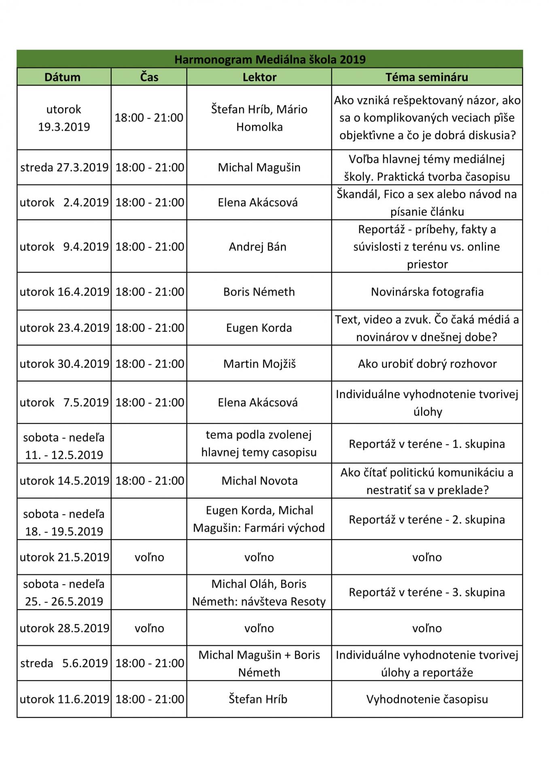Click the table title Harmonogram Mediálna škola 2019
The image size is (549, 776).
(x=270, y=59)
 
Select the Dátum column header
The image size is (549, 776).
(x=63, y=77)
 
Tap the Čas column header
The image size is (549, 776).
(x=149, y=77)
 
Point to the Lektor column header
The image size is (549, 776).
(x=259, y=77)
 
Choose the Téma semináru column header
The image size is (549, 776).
(x=427, y=77)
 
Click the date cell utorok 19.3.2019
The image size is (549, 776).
(x=64, y=118)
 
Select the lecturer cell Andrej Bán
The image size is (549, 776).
(x=258, y=247)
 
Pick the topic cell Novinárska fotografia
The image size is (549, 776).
(x=427, y=292)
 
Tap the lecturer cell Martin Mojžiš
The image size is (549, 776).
(x=259, y=364)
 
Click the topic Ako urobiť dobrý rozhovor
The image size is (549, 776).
(x=427, y=364)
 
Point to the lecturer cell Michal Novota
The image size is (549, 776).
(x=259, y=481)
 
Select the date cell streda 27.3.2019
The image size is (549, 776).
(x=64, y=167)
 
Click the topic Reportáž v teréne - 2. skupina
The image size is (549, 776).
(x=427, y=519)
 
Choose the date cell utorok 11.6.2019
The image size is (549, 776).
(x=64, y=699)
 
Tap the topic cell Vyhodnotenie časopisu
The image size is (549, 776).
(x=427, y=699)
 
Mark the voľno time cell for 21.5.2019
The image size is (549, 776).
(x=149, y=557)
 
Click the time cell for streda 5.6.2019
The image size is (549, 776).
(x=150, y=663)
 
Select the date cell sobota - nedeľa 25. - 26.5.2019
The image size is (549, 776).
(x=64, y=593)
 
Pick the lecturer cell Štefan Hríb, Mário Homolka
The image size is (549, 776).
(x=259, y=118)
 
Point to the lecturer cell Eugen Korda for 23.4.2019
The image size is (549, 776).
(x=259, y=328)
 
